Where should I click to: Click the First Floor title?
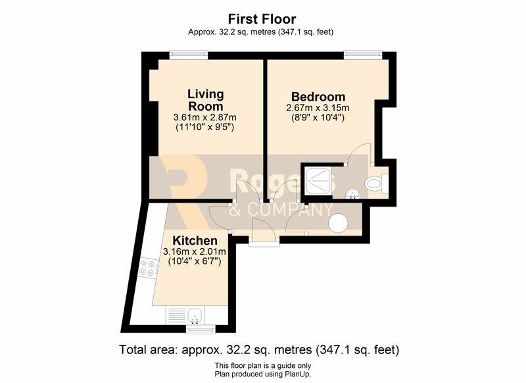(x=262, y=19)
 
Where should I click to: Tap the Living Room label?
(x=205, y=100)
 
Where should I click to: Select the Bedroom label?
(x=318, y=97)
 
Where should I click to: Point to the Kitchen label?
(x=195, y=240)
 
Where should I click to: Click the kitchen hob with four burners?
(x=148, y=268)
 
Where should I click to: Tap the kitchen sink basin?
(x=195, y=315)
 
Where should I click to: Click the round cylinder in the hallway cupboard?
(x=338, y=223)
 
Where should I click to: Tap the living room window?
(x=189, y=55)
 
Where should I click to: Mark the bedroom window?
(x=364, y=55)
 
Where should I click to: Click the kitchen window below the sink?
(x=201, y=330)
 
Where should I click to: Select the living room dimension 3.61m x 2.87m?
(x=205, y=118)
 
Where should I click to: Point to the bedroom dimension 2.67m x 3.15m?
(x=318, y=108)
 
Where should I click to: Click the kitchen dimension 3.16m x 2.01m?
(x=195, y=251)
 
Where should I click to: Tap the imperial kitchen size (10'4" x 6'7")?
(x=195, y=261)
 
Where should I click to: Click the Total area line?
(x=259, y=350)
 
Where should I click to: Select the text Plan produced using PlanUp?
(x=263, y=374)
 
